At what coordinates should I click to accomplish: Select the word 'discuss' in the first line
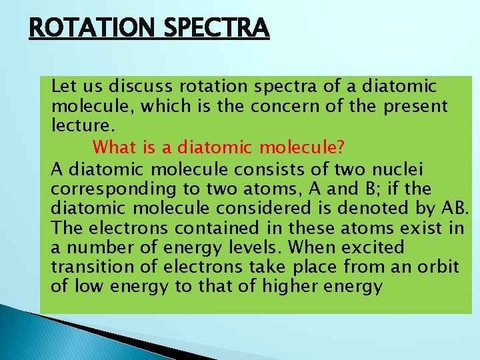tap(135, 87)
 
